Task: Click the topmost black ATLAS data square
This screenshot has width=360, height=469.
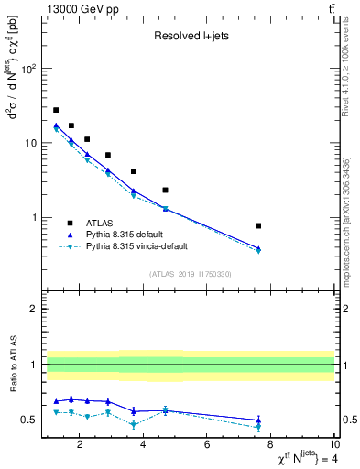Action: coord(56,110)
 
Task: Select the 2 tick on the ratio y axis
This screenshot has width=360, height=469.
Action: coord(33,309)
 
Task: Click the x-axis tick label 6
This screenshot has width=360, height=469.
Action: coord(207,446)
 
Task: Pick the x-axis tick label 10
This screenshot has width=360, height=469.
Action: coord(333,446)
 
